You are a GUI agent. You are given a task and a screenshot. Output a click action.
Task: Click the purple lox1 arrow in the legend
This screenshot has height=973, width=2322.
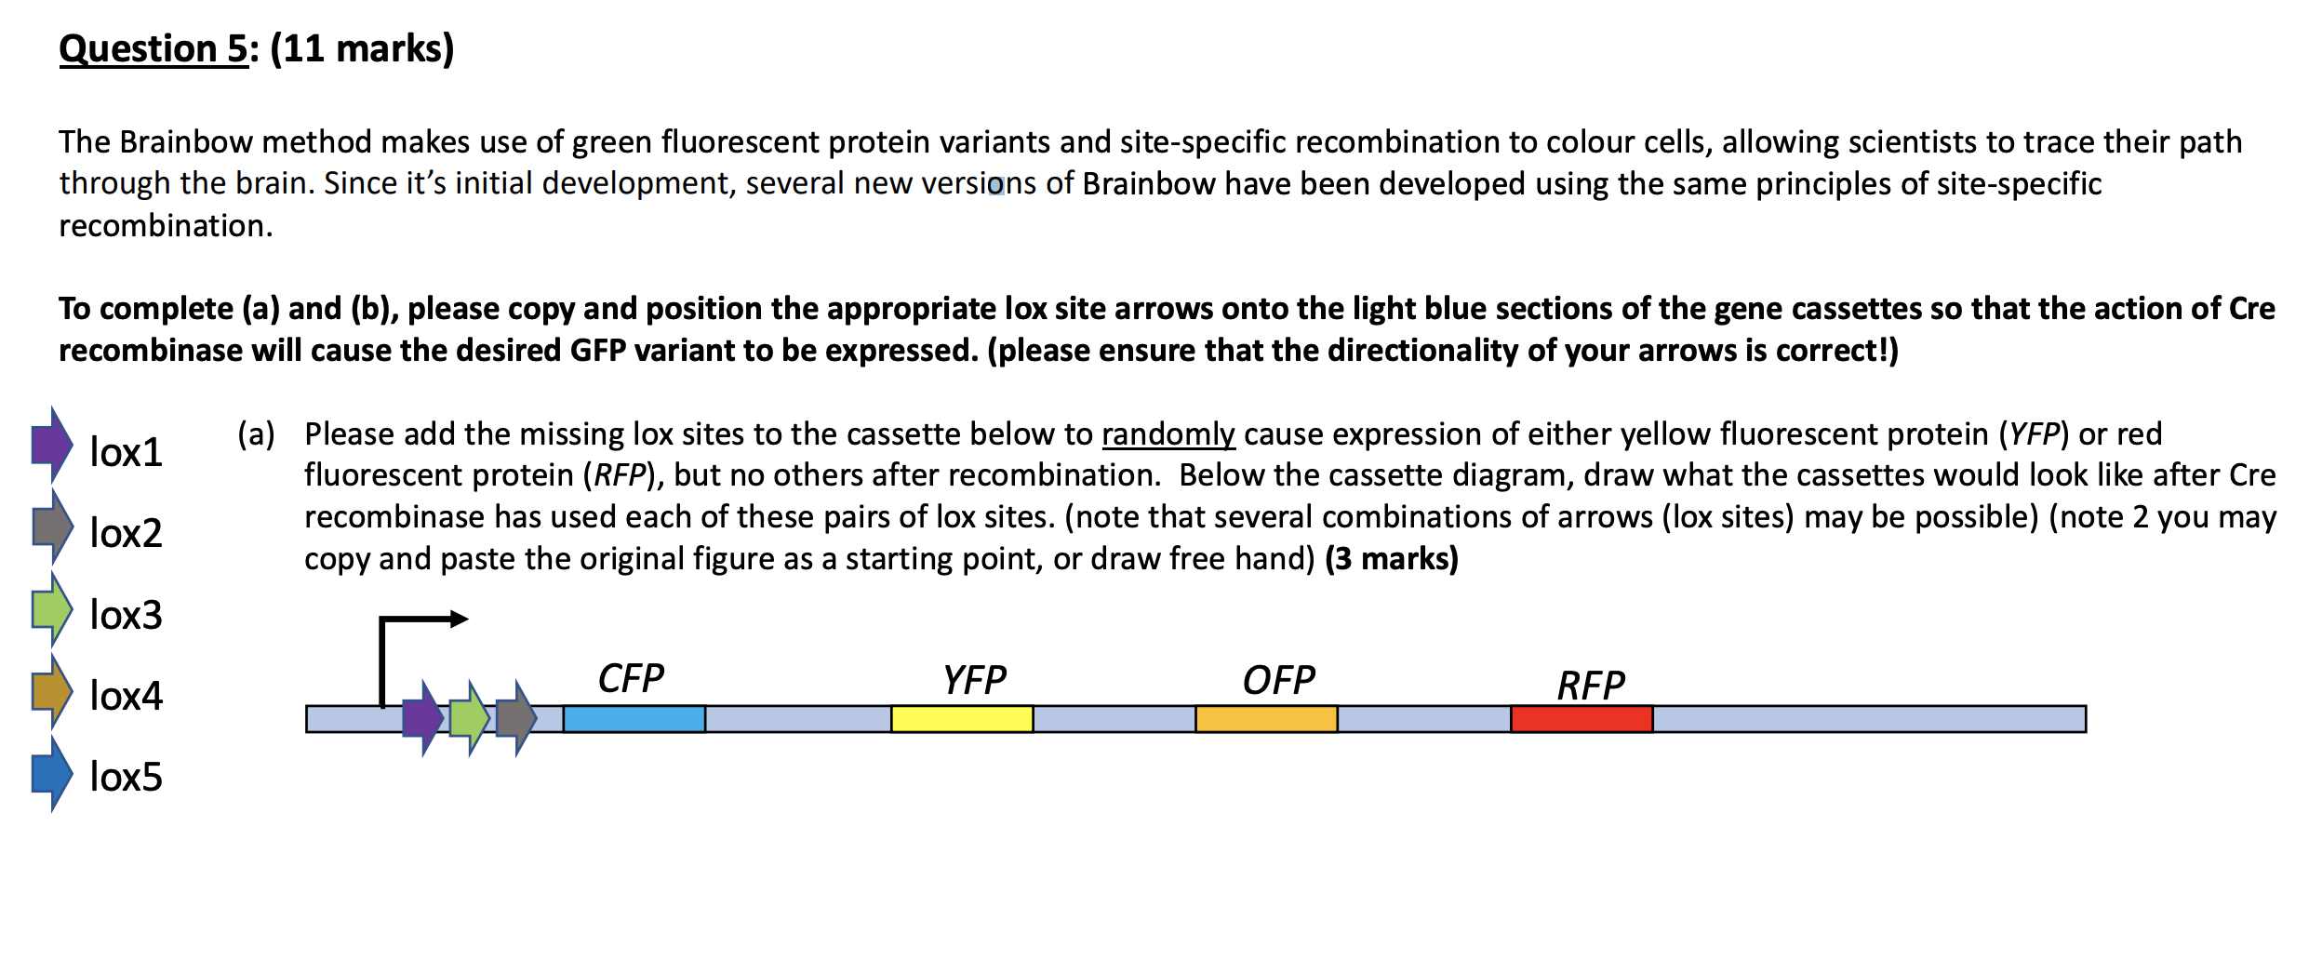[52, 445]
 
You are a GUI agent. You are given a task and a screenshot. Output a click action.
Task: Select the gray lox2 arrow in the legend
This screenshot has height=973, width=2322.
[52, 526]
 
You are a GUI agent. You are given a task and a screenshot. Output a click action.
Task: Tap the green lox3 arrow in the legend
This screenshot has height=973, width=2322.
[52, 608]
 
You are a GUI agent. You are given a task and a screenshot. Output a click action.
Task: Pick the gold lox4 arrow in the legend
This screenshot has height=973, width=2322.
[52, 690]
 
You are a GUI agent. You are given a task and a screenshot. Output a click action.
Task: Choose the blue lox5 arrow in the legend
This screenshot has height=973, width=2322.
[52, 772]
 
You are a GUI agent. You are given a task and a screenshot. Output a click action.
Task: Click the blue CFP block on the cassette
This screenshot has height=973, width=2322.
[634, 719]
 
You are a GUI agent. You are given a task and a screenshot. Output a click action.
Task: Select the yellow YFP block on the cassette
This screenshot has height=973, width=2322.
[961, 719]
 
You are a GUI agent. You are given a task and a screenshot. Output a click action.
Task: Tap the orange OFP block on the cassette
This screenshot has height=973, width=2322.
[1265, 719]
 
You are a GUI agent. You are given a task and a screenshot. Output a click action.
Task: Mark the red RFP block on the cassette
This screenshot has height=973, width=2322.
[1581, 719]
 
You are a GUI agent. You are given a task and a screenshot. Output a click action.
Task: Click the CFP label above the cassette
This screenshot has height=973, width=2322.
[631, 678]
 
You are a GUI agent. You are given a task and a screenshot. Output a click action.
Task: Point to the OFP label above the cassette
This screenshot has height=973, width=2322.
[1278, 680]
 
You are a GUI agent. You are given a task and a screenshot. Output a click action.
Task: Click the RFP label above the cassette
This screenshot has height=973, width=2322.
[1591, 686]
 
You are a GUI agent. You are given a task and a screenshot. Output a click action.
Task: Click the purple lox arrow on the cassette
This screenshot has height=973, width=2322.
[423, 718]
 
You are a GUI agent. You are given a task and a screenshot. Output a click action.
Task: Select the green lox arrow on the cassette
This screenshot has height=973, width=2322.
[470, 718]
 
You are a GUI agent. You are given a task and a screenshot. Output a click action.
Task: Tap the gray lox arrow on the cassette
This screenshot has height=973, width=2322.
[516, 718]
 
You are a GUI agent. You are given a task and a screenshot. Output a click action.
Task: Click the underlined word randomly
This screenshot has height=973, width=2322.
[1168, 434]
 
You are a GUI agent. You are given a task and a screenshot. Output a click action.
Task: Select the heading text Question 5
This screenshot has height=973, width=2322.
[153, 48]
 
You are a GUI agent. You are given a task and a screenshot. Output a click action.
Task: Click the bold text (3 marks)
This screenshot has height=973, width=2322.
[1391, 558]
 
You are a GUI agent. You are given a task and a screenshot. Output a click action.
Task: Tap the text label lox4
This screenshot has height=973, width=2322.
[126, 696]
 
